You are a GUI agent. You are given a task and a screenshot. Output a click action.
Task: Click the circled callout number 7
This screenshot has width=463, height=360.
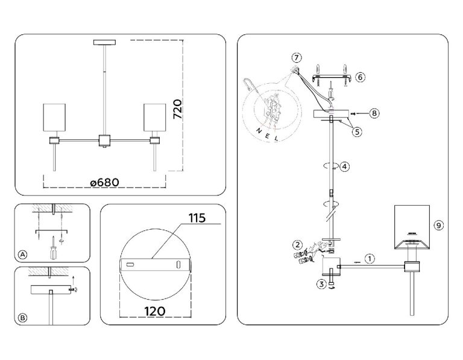296,58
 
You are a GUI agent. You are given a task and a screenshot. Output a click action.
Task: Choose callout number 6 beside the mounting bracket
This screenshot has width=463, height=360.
359,77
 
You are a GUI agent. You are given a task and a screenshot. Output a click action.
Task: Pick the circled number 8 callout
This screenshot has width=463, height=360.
374,112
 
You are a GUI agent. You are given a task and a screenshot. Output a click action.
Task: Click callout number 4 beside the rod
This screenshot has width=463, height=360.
344,166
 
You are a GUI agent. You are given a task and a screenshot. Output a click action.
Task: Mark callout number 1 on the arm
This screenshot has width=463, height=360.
370,258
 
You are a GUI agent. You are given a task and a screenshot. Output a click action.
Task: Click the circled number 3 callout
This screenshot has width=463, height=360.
322,283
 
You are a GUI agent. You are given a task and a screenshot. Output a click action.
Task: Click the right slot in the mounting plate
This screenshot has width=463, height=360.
178,265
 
